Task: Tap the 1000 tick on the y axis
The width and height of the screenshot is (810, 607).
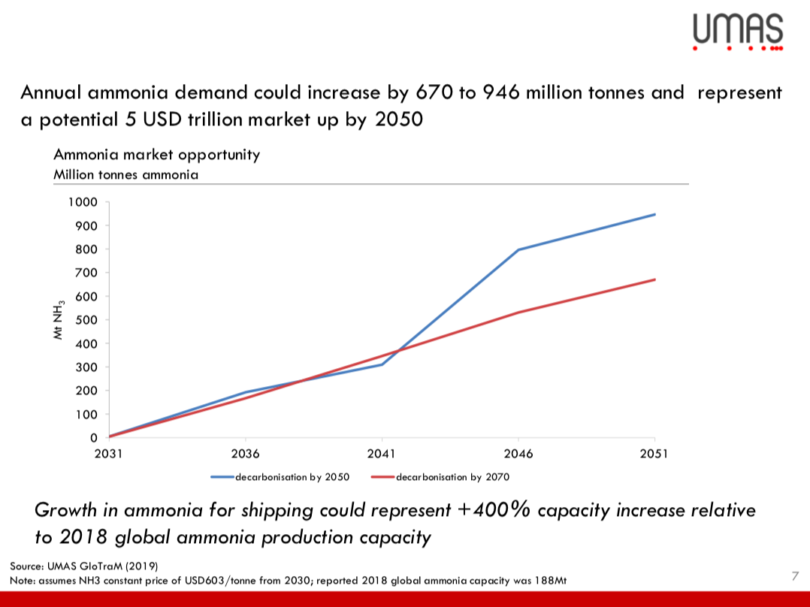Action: click(83, 202)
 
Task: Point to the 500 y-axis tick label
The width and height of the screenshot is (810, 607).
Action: click(88, 320)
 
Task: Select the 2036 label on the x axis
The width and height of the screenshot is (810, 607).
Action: click(246, 454)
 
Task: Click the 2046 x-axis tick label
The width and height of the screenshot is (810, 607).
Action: click(518, 454)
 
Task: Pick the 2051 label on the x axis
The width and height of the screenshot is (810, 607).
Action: click(654, 454)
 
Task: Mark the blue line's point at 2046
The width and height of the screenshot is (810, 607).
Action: click(518, 249)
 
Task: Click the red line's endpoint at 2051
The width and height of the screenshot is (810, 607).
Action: click(654, 279)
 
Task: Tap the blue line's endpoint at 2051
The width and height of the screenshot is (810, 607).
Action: click(654, 214)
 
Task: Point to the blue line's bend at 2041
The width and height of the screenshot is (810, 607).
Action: click(382, 364)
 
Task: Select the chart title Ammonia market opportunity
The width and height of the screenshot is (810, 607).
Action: click(157, 155)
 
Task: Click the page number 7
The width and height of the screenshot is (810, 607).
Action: click(794, 576)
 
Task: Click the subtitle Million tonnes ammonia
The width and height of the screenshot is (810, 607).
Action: click(125, 174)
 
